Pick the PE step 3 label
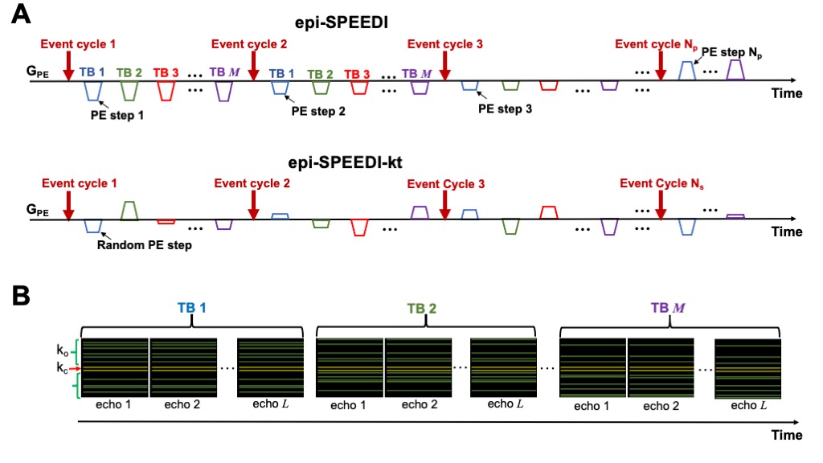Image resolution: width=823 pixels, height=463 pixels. click(505, 109)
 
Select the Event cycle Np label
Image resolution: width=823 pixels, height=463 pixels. click(654, 43)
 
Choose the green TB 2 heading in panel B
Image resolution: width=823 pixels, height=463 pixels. click(425, 307)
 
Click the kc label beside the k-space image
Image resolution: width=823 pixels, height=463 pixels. click(62, 368)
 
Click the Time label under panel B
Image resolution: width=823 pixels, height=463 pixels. click(785, 435)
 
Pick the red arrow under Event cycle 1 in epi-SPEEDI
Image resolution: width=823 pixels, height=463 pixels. click(68, 65)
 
